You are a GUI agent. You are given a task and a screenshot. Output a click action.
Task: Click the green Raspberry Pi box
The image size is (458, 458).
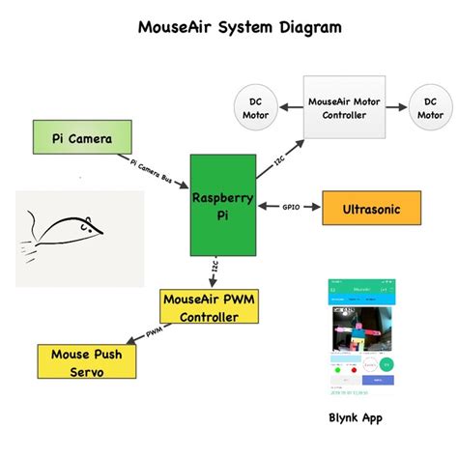pos(223,204)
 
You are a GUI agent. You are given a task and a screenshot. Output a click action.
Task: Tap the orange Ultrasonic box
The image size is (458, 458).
pos(373,208)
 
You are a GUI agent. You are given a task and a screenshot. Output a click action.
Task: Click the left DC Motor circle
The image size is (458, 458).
pos(255,107)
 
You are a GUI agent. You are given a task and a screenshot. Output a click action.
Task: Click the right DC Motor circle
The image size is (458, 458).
pos(430,107)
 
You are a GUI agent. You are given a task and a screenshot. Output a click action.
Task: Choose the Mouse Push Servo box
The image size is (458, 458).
pos(87,361)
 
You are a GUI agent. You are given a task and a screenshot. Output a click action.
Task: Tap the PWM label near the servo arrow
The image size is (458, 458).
pos(154,332)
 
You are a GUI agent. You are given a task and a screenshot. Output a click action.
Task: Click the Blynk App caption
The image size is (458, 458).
pos(357,418)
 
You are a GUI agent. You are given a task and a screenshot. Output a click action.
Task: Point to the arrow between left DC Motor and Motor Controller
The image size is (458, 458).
pos(289,107)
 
